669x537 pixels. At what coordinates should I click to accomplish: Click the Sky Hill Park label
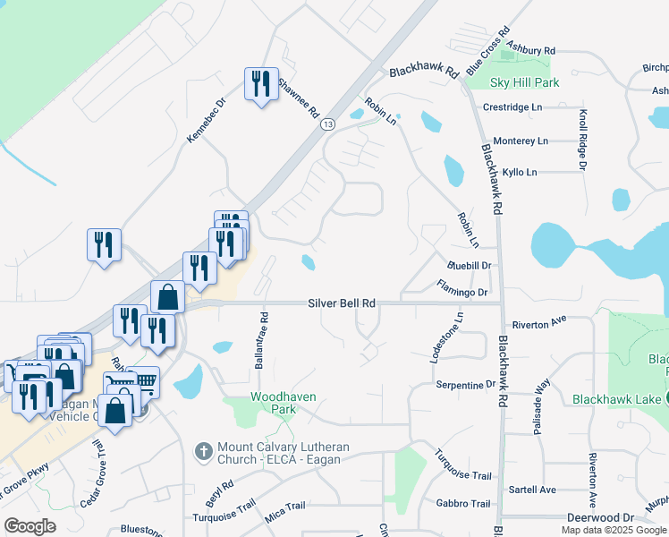(524, 82)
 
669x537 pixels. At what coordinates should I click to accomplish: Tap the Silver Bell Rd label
(342, 303)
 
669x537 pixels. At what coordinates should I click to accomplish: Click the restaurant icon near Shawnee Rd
(261, 84)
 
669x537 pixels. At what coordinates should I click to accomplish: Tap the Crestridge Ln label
(512, 107)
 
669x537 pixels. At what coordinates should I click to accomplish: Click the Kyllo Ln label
(520, 171)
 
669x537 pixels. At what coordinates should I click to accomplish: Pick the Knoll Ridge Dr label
(582, 139)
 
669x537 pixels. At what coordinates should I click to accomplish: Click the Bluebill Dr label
(470, 266)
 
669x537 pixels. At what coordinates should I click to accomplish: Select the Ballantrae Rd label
(263, 341)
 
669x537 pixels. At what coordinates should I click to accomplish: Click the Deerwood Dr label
(599, 517)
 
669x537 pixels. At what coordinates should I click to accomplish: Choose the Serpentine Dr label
(465, 385)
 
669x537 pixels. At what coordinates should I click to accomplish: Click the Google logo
(30, 526)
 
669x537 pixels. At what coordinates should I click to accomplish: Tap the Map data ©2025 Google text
(614, 530)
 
